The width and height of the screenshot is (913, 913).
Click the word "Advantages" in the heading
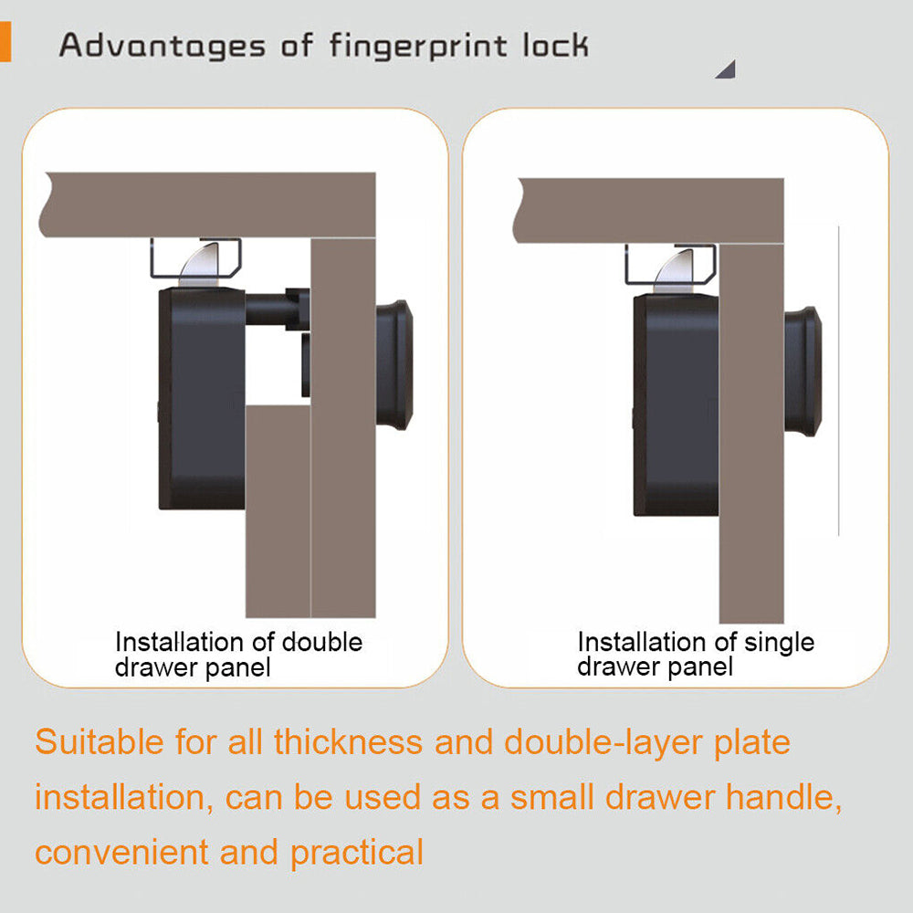click(x=163, y=47)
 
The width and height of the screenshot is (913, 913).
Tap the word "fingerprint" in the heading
click(x=418, y=47)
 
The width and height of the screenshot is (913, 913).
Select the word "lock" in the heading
click(x=555, y=46)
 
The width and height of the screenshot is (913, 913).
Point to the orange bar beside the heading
click(x=5, y=41)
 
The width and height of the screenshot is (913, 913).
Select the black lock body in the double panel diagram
click(x=202, y=398)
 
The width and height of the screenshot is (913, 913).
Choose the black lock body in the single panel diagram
click(x=677, y=404)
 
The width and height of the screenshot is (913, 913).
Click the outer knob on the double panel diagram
click(x=394, y=365)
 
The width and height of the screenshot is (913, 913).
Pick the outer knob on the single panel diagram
click(x=803, y=372)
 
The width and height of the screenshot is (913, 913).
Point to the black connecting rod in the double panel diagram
click(x=278, y=310)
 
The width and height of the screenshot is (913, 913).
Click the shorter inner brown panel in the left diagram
click(x=278, y=511)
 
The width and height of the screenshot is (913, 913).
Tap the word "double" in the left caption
click(x=322, y=642)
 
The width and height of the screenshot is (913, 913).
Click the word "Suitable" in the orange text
click(x=100, y=741)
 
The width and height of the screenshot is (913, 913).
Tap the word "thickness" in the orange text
click(x=348, y=741)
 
